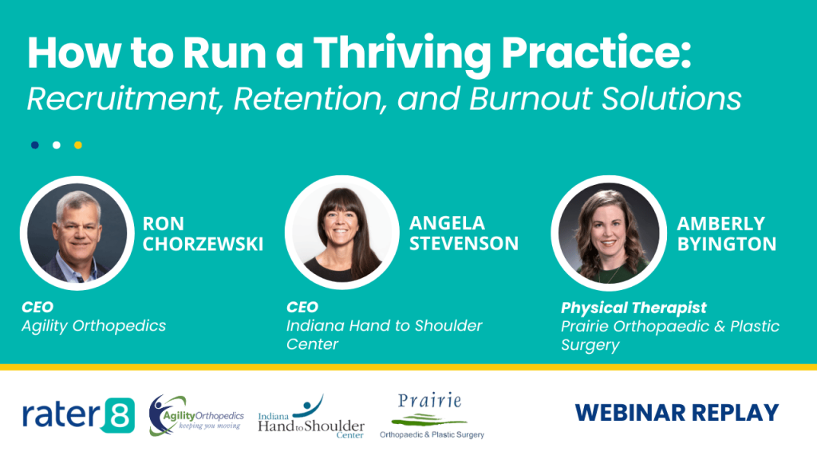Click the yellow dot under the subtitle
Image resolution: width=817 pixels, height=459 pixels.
coord(78,145)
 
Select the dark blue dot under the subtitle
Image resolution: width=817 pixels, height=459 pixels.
coord(35,145)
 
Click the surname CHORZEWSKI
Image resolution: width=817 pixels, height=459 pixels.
coord(203,244)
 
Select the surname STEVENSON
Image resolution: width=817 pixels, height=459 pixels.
coord(464,244)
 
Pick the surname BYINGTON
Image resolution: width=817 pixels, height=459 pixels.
coord(726,244)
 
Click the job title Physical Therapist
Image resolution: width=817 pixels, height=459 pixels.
coord(633,308)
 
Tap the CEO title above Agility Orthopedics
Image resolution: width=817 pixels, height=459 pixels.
coord(37,307)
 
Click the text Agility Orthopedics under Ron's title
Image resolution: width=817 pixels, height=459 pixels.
coord(93,325)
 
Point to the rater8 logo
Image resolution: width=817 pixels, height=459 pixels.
coord(78,415)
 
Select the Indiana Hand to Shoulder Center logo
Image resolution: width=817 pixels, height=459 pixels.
coord(311,416)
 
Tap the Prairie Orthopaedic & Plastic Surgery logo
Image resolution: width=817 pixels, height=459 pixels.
coord(432,416)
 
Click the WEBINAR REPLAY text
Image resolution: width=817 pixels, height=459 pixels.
coord(677,413)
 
